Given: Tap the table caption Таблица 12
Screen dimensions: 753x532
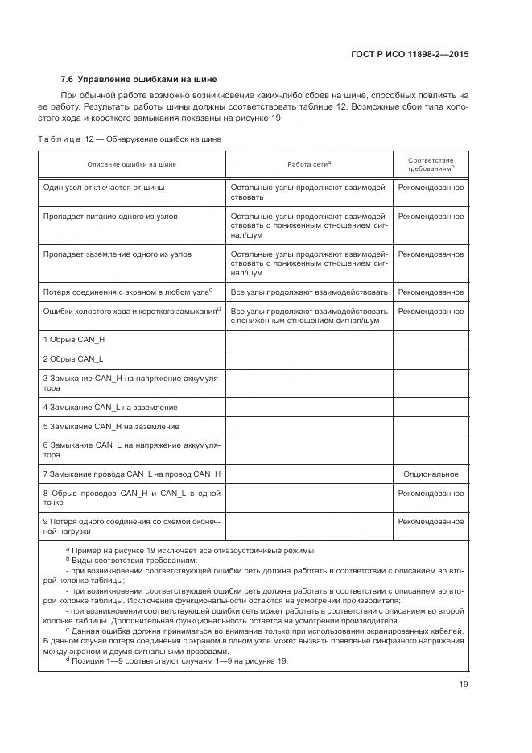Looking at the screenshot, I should pos(130,139).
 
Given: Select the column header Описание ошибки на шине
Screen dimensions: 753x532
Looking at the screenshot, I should pos(132,164).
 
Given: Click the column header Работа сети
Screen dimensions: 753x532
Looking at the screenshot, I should pos(309,164).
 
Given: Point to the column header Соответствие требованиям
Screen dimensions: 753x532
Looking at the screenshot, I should pos(431,164).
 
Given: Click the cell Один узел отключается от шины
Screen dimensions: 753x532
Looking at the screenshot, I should pos(104,188).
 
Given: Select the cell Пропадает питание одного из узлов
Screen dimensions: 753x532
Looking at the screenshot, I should pos(109,217).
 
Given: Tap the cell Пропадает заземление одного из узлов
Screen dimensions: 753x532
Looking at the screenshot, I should pos(117,254).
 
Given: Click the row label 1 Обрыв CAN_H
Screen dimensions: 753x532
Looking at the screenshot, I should pos(74,340).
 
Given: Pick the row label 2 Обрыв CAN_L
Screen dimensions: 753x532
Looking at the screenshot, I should pos(73,358).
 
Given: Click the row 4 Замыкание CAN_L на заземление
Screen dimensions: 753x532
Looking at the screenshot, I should pos(110,407).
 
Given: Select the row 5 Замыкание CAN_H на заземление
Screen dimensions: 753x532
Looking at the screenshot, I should pos(111,426).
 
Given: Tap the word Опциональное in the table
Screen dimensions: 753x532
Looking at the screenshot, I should pos(431,474).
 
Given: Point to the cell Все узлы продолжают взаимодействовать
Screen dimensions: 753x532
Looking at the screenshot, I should pos(309,292).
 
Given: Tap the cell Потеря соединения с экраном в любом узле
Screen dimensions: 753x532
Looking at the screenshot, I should pos(127,292).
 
